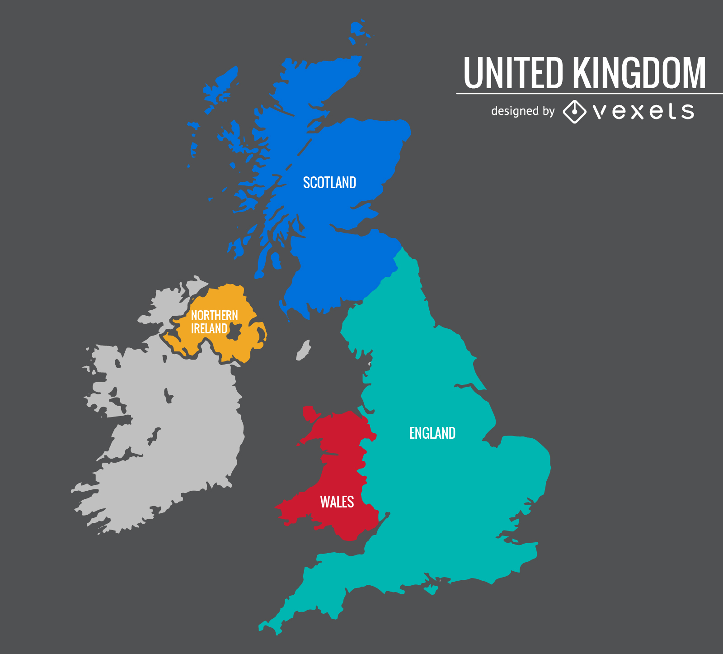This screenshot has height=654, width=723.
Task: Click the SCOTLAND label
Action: pyautogui.click(x=329, y=183)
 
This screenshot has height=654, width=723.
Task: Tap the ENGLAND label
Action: pyautogui.click(x=432, y=433)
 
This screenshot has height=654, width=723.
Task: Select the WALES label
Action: pyautogui.click(x=337, y=502)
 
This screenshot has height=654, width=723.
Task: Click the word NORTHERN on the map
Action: pyautogui.click(x=214, y=315)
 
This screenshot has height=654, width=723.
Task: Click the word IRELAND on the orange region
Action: pyautogui.click(x=209, y=329)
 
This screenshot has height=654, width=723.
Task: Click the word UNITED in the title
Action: pyautogui.click(x=513, y=73)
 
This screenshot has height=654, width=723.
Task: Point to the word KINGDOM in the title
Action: pyautogui.click(x=639, y=73)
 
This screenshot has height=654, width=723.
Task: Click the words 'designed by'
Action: pyautogui.click(x=522, y=111)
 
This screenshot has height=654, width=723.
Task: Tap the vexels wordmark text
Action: pyautogui.click(x=643, y=111)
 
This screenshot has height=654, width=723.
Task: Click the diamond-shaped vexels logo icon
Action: pyautogui.click(x=574, y=111)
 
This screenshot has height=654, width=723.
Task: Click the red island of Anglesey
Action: pyautogui.click(x=310, y=413)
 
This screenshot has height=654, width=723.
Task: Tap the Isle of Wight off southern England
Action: pyautogui.click(x=431, y=589)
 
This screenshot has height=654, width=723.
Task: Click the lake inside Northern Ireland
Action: pyautogui.click(x=234, y=331)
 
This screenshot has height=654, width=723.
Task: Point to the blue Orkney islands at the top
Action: pyautogui.click(x=357, y=29)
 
